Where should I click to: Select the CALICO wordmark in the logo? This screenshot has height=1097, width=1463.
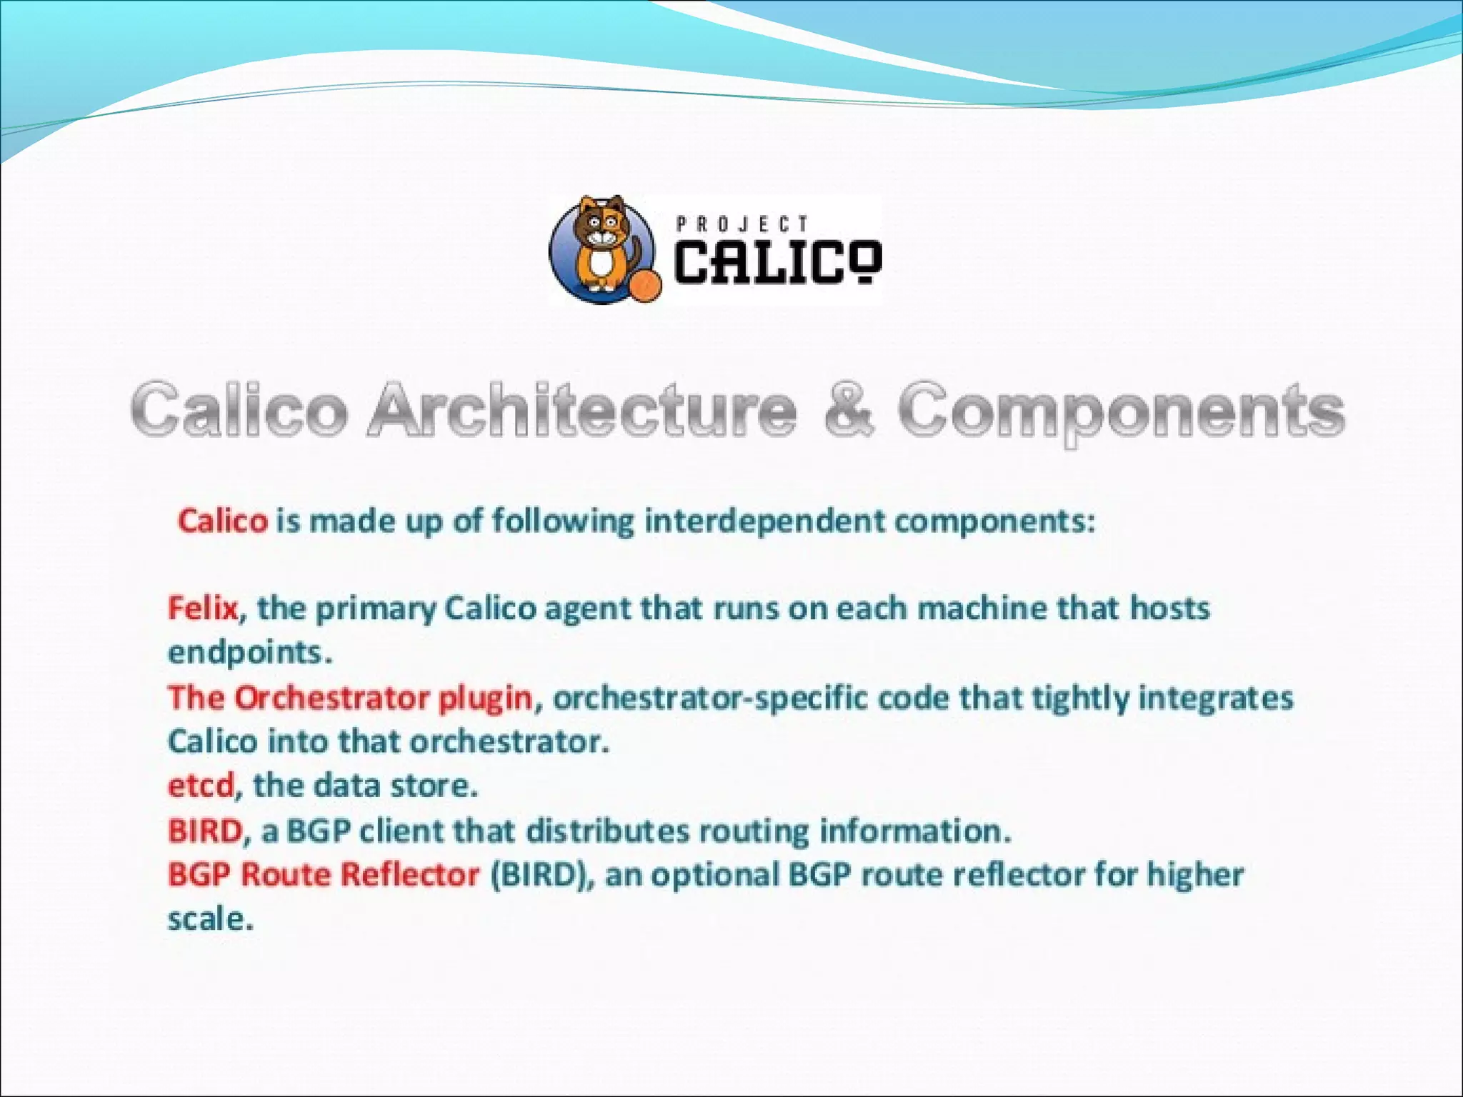click(x=777, y=261)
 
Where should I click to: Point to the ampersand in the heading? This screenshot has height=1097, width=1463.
click(x=848, y=410)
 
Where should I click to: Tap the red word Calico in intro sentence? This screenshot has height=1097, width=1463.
click(x=223, y=521)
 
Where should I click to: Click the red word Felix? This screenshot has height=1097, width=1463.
click(x=202, y=608)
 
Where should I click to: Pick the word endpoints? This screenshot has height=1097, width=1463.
click(x=249, y=653)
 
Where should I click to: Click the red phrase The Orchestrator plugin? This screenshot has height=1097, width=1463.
click(x=350, y=698)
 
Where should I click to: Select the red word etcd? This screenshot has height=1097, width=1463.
click(x=200, y=786)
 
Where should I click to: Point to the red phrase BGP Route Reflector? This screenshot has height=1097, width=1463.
click(x=323, y=874)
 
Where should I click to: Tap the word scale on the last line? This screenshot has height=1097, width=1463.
click(x=209, y=919)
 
